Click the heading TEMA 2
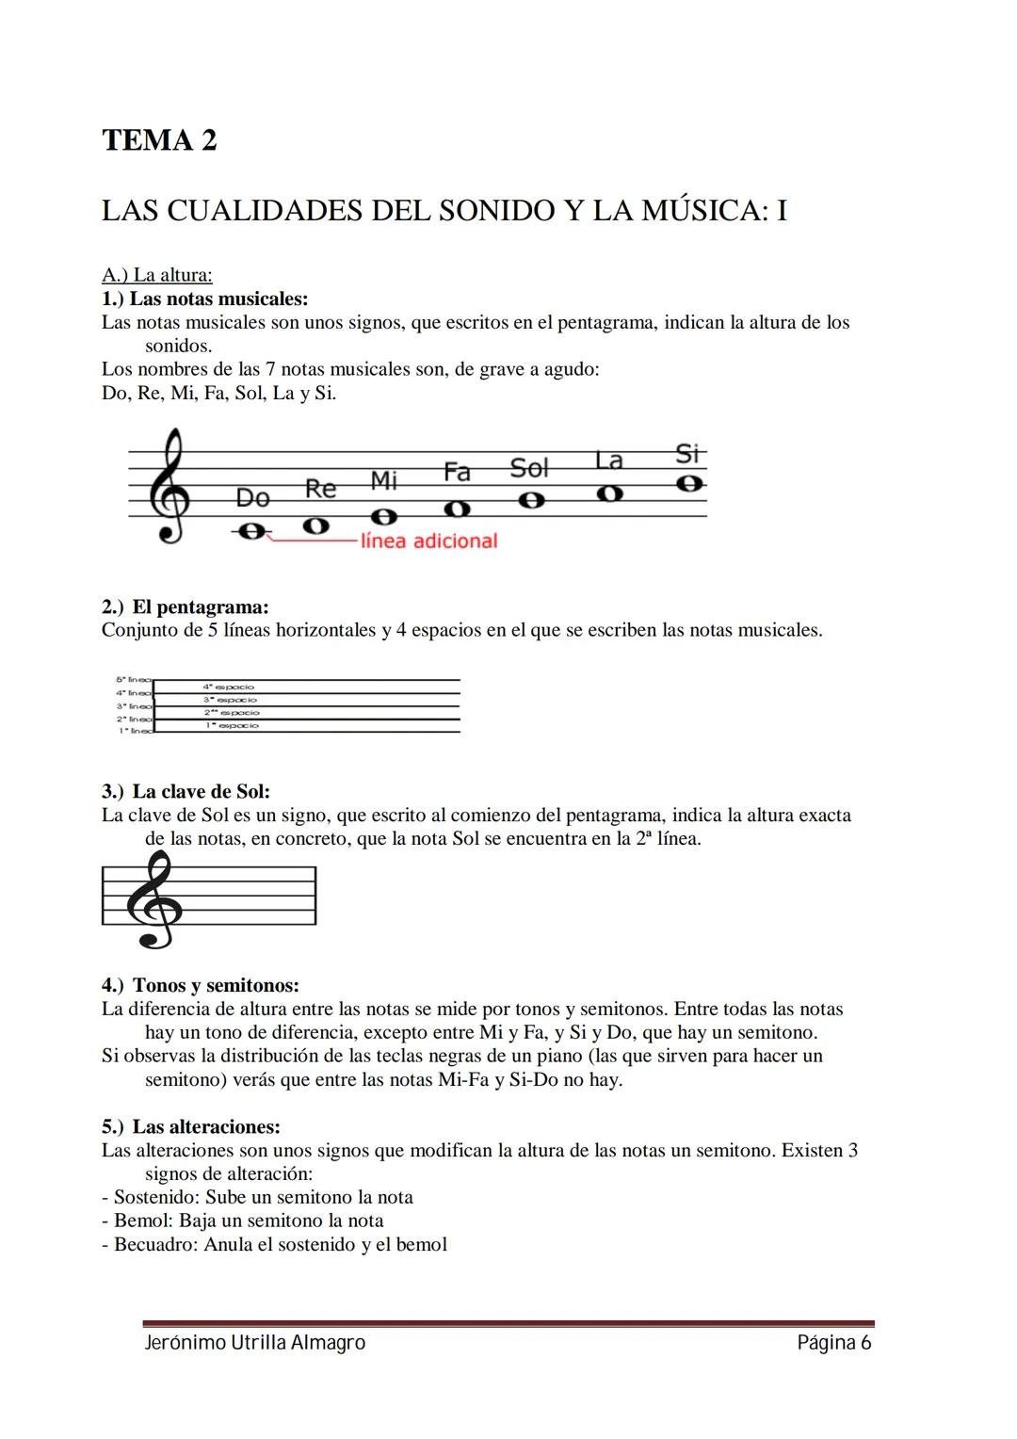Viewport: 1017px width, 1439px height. pyautogui.click(x=159, y=140)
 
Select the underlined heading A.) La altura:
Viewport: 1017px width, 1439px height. pyautogui.click(x=157, y=275)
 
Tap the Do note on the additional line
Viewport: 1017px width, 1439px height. pyautogui.click(x=250, y=532)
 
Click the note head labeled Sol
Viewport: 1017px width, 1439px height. pyautogui.click(x=532, y=500)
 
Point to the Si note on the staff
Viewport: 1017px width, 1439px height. pyautogui.click(x=690, y=483)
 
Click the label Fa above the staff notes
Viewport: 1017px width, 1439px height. pyautogui.click(x=457, y=472)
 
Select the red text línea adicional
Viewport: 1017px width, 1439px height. pyautogui.click(x=428, y=541)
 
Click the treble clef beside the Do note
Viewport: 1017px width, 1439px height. pyautogui.click(x=170, y=486)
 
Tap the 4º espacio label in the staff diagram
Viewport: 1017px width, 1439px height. pyautogui.click(x=229, y=687)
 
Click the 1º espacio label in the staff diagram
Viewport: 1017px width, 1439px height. pyautogui.click(x=231, y=725)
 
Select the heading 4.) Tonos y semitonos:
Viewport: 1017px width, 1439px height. pyautogui.click(x=201, y=985)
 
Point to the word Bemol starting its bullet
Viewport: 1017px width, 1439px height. pyautogui.click(x=142, y=1221)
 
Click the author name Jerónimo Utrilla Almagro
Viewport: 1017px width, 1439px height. pyautogui.click(x=254, y=1343)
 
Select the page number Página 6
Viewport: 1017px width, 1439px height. pyautogui.click(x=833, y=1343)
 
